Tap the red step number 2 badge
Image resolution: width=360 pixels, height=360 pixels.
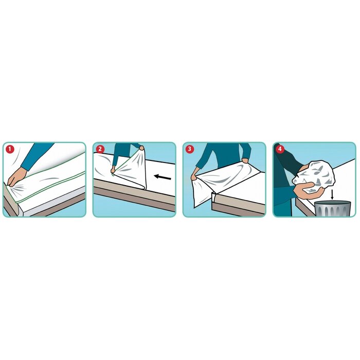click(x=99, y=149)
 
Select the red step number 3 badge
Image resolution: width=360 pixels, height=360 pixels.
click(x=190, y=149)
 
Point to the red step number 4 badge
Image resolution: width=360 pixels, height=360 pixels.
click(x=280, y=149)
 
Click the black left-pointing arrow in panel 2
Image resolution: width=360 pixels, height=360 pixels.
click(x=163, y=178)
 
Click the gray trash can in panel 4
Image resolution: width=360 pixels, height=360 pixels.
click(x=332, y=208)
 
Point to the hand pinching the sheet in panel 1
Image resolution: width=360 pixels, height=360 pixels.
click(x=16, y=176)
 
